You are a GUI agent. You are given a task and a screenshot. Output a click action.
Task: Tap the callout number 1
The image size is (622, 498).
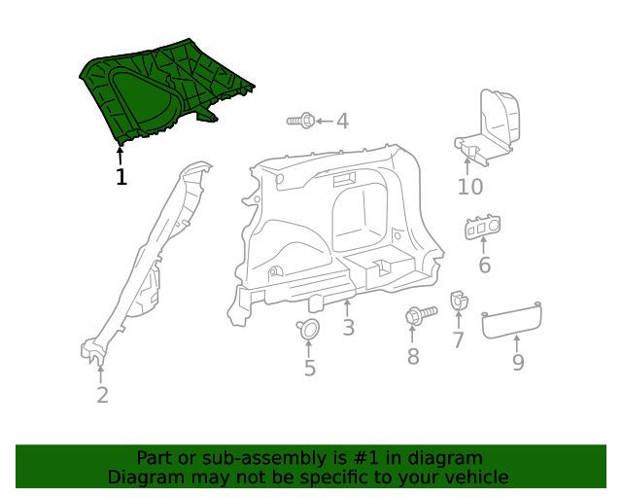point(121,177)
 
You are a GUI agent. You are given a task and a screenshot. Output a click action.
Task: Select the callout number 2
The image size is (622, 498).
point(102,395)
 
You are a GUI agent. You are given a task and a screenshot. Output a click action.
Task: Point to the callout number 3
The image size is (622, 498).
point(348,328)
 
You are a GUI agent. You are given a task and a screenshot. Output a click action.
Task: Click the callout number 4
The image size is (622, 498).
point(341,121)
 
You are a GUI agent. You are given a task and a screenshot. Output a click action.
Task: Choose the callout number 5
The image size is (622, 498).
point(309,368)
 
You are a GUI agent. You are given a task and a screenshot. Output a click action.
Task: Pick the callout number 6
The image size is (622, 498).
point(484,265)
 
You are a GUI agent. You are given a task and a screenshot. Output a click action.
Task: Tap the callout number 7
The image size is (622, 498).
point(458,340)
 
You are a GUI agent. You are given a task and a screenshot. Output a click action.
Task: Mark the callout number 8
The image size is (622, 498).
point(413,356)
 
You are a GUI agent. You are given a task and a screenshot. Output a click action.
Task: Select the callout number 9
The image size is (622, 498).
point(518,362)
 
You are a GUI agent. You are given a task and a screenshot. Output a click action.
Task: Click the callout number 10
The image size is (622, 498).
point(470,187)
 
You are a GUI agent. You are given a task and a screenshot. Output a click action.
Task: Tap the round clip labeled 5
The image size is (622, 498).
point(309,330)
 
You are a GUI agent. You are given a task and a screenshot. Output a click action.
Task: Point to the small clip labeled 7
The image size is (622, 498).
point(457,303)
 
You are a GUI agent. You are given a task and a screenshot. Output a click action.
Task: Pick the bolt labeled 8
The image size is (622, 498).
point(418,316)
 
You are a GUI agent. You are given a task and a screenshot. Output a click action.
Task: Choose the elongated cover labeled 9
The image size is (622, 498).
point(512,319)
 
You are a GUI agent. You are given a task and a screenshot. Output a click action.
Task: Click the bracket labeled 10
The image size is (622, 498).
point(491,126)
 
